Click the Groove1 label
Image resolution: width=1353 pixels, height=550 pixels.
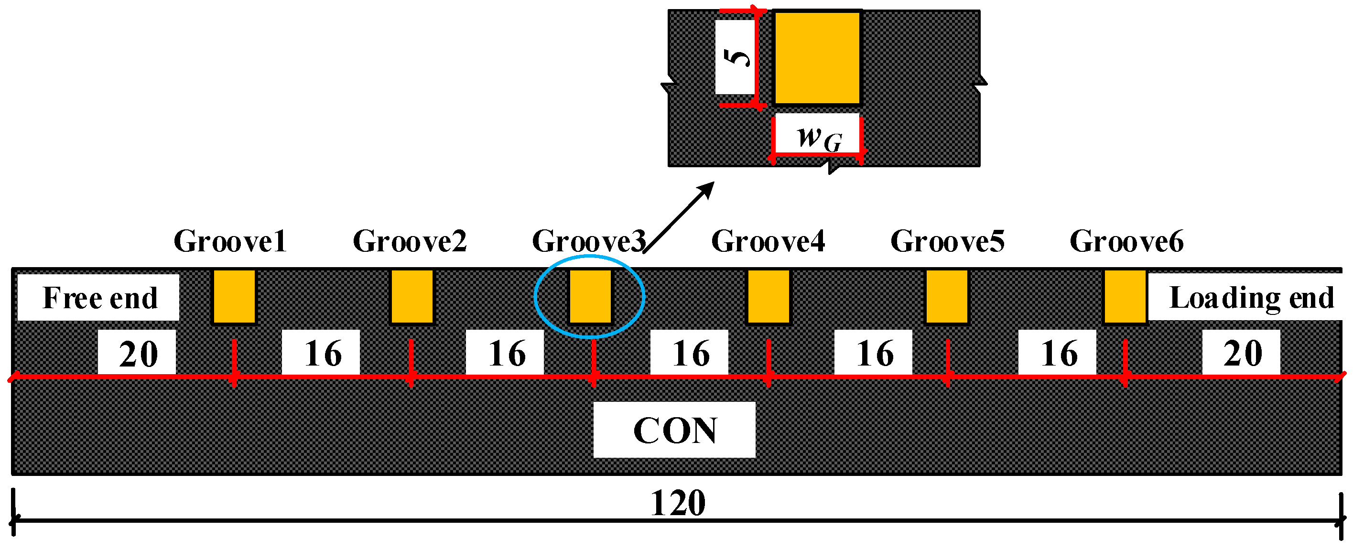(x=230, y=242)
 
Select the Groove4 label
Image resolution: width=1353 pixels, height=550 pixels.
(x=768, y=242)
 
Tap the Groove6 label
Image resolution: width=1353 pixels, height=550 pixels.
(x=1126, y=242)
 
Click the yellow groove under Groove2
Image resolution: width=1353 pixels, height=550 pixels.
(x=412, y=296)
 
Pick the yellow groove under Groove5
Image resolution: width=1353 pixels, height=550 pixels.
(x=946, y=296)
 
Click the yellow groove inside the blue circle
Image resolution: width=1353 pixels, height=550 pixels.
(x=590, y=296)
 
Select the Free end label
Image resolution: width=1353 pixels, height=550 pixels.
(x=99, y=298)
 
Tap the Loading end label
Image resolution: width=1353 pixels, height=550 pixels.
(x=1251, y=298)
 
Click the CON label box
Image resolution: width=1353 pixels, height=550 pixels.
(x=674, y=430)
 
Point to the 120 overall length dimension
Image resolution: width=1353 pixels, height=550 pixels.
(x=678, y=503)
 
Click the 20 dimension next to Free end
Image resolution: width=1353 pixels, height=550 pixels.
(x=138, y=353)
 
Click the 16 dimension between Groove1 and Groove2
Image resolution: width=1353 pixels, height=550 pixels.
(x=322, y=353)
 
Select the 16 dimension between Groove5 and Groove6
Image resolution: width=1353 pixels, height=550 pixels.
(x=1058, y=353)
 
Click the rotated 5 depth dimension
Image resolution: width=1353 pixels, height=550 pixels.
(x=736, y=57)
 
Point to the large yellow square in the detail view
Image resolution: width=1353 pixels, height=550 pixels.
(x=817, y=58)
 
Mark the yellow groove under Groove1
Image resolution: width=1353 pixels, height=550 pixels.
(x=234, y=296)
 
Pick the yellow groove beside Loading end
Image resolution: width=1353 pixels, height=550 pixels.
(x=1125, y=296)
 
